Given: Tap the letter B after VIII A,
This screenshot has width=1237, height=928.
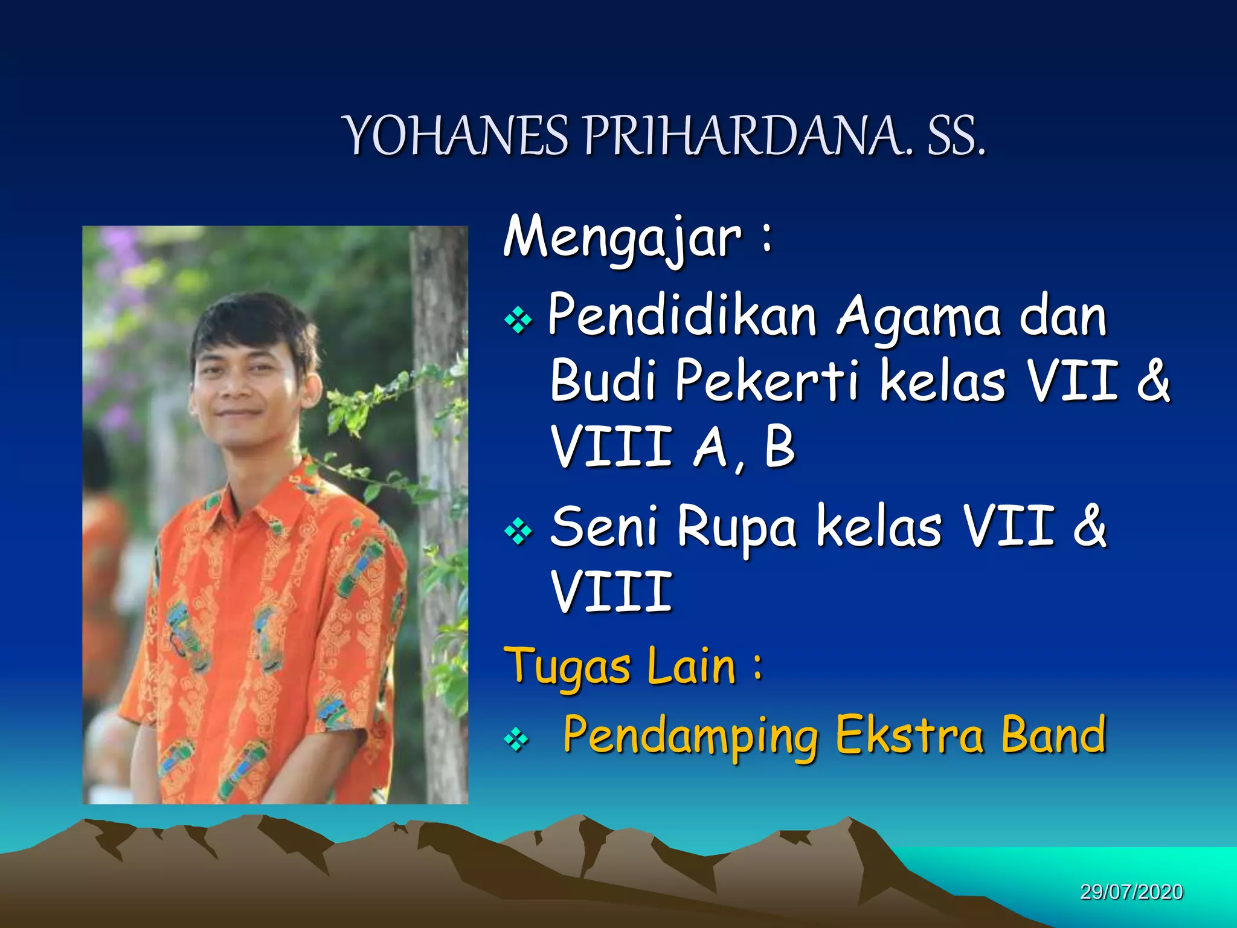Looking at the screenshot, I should pos(779,447).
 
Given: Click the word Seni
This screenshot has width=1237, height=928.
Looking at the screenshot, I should pos(604,527).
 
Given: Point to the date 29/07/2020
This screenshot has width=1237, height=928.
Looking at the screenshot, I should pos(1131,892).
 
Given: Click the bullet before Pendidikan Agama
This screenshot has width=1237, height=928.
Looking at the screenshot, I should pos(518,320).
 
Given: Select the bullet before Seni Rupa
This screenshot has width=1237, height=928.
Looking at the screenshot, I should pos(518,532).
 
